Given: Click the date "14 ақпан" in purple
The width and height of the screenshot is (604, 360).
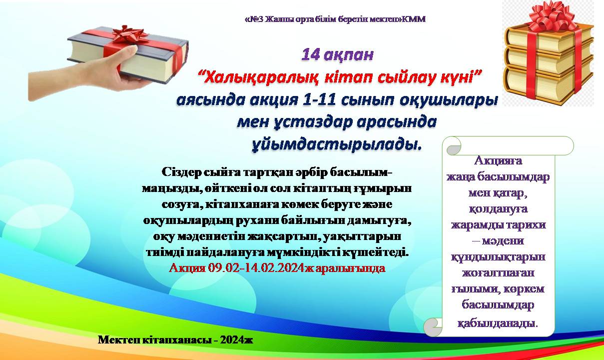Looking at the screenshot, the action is (337, 55).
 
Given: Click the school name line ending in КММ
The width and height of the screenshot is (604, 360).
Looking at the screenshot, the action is (335, 19).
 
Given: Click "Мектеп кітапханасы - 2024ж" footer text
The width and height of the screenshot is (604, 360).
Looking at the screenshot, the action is (175, 340).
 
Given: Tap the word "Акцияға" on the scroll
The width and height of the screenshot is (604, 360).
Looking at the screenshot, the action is (498, 161).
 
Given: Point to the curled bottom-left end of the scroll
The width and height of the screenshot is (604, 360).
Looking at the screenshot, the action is (433, 327).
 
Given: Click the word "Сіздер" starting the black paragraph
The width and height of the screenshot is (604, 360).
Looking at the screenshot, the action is (181, 172).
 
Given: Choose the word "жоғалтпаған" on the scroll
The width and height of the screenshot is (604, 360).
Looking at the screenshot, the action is (498, 273).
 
